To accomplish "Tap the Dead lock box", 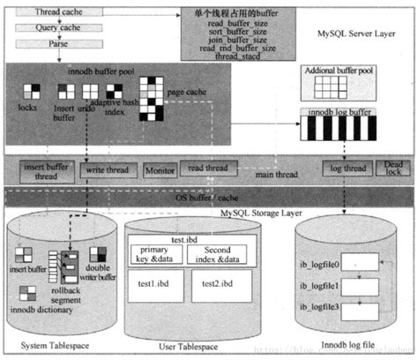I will (392, 168).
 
